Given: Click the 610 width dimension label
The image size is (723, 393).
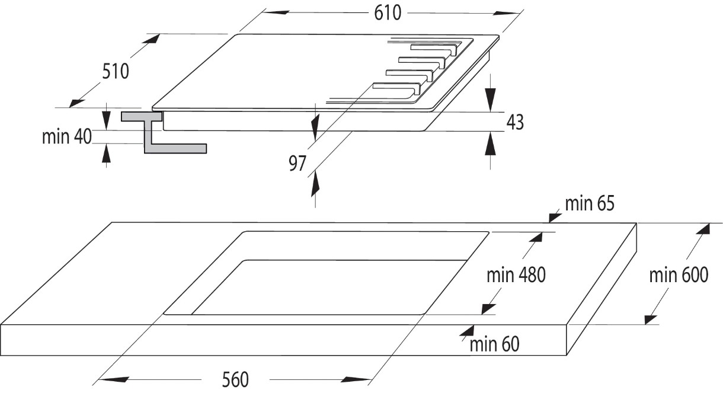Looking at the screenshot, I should click(x=388, y=12).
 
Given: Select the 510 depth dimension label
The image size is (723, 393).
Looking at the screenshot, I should click(x=116, y=72).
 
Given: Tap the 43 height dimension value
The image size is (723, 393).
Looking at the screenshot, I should click(x=516, y=122).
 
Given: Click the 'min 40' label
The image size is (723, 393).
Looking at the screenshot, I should click(x=66, y=136).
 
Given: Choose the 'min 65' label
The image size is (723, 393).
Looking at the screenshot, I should click(x=590, y=204).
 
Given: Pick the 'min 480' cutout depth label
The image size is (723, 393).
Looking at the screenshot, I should click(x=516, y=275).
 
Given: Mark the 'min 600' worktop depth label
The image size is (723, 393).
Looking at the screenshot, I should click(x=679, y=275).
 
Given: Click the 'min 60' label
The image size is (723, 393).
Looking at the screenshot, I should click(x=495, y=343).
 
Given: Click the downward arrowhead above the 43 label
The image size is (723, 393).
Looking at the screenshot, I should click(x=491, y=98).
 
